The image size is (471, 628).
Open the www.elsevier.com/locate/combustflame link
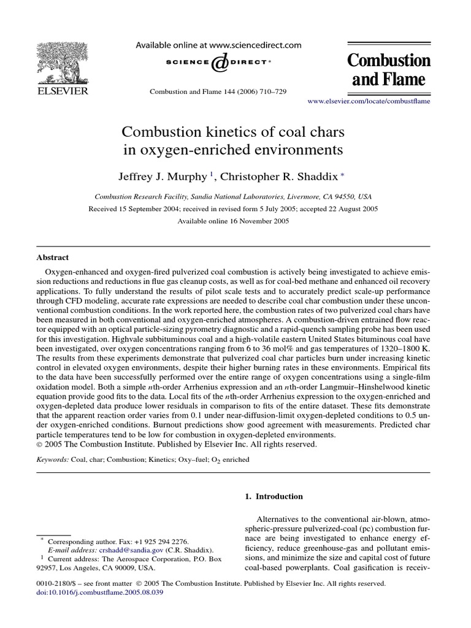pos(368,101)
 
